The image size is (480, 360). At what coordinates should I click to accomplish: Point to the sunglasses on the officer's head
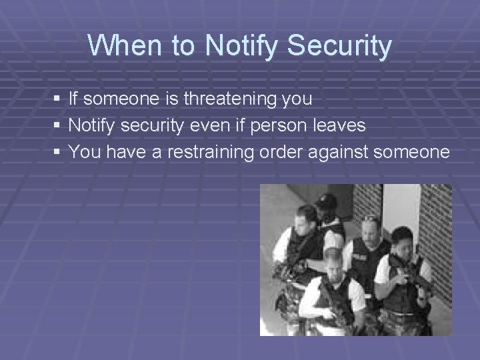click(x=369, y=218)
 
